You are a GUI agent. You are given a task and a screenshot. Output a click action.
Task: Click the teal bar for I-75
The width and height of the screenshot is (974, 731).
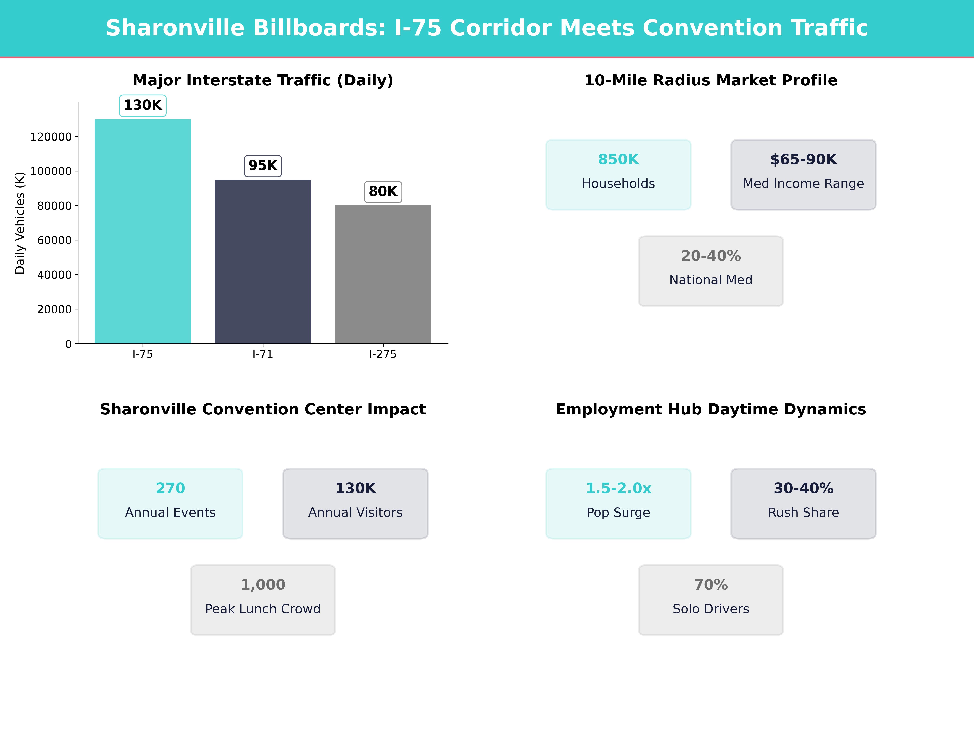pyautogui.click(x=143, y=231)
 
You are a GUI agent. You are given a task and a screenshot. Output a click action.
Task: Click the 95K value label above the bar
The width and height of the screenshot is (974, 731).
pyautogui.click(x=263, y=166)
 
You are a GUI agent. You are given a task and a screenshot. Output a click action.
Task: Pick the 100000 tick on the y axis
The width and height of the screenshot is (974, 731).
pyautogui.click(x=51, y=171)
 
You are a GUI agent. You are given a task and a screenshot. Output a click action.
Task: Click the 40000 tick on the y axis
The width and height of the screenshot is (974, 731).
pyautogui.click(x=54, y=275)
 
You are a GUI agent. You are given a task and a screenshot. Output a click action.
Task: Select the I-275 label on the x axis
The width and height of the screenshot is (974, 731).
pyautogui.click(x=383, y=354)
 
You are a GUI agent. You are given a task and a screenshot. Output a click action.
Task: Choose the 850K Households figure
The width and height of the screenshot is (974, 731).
pyautogui.click(x=618, y=160)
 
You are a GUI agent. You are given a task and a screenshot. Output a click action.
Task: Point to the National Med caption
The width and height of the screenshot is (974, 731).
pyautogui.click(x=711, y=280)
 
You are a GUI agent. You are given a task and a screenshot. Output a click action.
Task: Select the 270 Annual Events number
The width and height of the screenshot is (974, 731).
pyautogui.click(x=170, y=488)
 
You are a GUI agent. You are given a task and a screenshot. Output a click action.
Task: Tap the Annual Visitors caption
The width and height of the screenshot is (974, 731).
pyautogui.click(x=355, y=513)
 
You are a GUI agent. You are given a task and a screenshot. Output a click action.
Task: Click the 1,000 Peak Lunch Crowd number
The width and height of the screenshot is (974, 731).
pyautogui.click(x=263, y=585)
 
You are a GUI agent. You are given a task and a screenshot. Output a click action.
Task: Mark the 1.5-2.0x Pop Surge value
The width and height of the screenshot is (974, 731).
pyautogui.click(x=618, y=488)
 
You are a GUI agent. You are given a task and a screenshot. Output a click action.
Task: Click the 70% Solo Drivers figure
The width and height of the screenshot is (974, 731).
pyautogui.click(x=711, y=585)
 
